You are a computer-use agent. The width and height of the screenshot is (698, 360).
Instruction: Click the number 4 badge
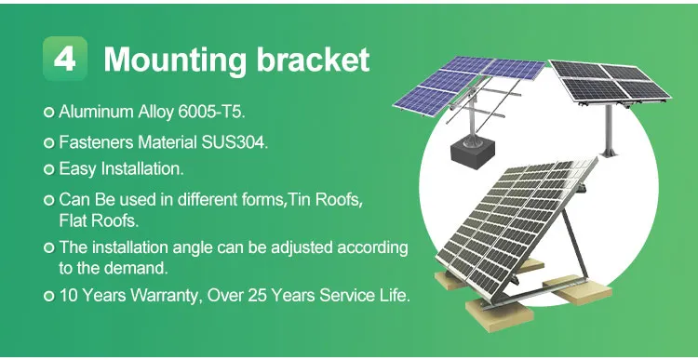pos(65,60)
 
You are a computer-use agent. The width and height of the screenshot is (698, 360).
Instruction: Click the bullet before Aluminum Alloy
pos(49,113)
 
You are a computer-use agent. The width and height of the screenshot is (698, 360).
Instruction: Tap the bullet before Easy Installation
pos(49,170)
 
